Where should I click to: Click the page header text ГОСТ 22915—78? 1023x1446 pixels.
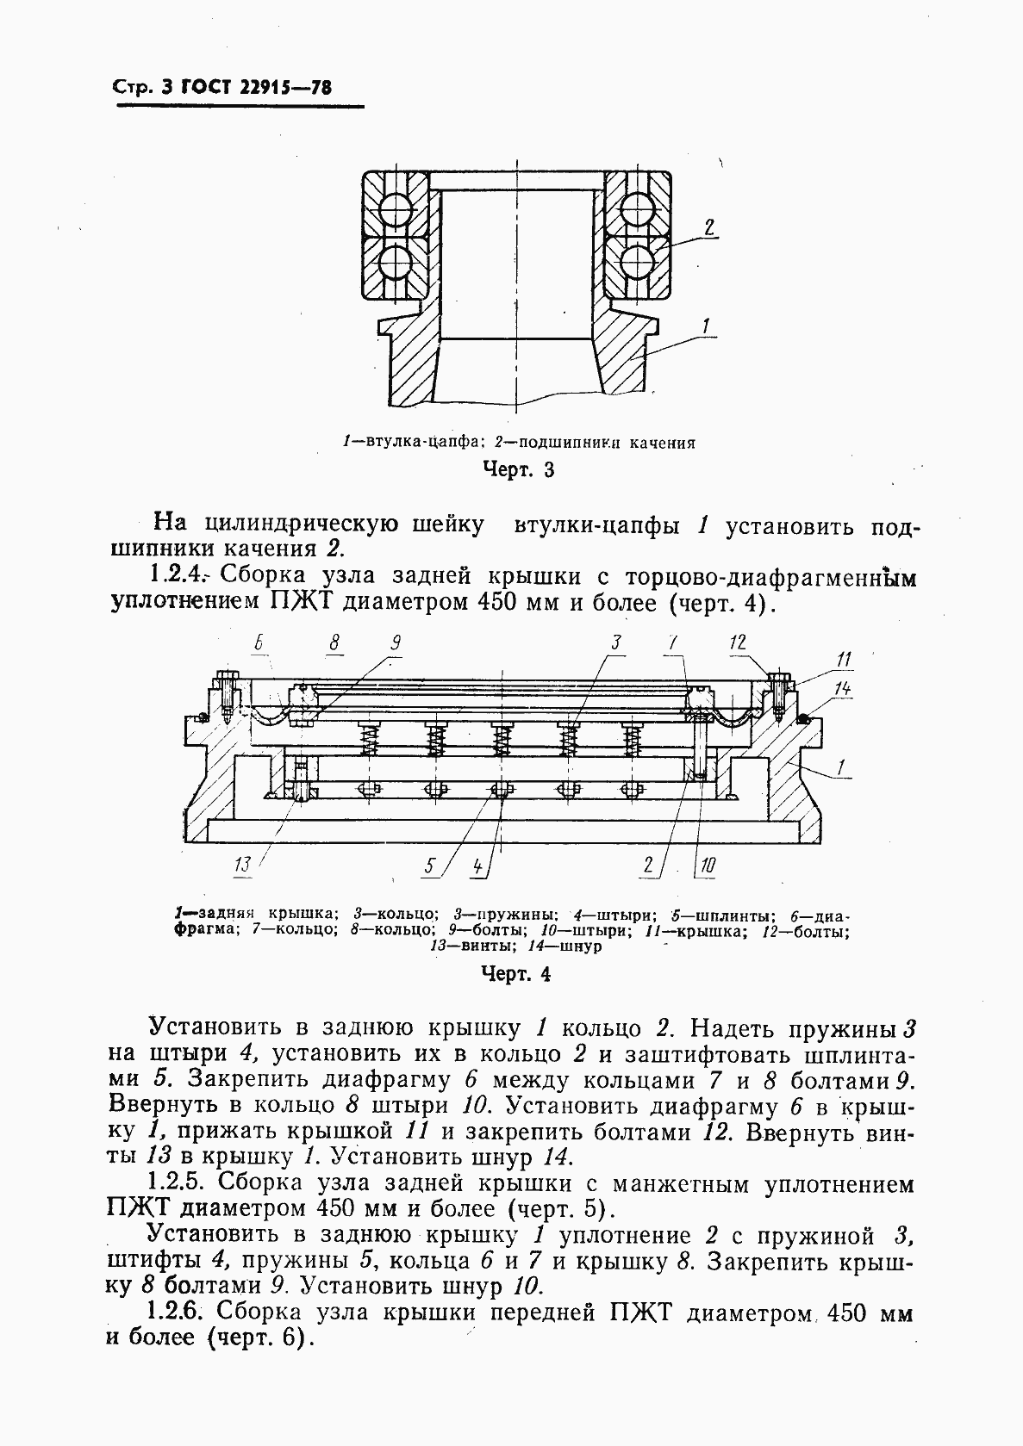258,88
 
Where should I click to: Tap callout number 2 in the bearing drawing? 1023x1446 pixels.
708,228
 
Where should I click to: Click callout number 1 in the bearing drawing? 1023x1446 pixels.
706,326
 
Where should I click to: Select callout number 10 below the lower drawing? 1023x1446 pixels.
706,866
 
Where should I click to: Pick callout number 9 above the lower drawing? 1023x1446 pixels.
396,642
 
